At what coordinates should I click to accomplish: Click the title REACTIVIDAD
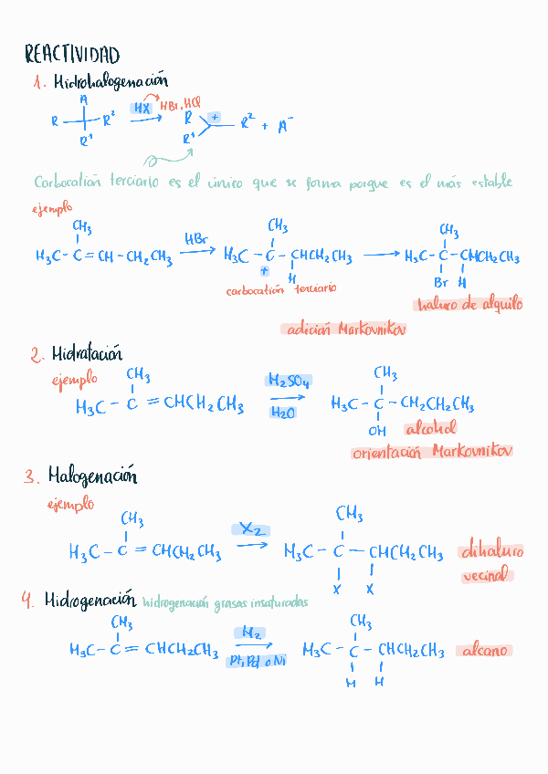(72, 55)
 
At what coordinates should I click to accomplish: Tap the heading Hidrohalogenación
(111, 83)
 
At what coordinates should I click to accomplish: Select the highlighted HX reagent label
(142, 108)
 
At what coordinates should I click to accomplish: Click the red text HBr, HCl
(180, 104)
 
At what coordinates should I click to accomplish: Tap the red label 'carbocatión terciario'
(281, 288)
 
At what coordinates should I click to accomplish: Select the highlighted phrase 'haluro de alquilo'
(469, 305)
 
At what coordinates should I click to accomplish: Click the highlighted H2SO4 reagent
(289, 382)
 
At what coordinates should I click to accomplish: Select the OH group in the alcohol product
(376, 431)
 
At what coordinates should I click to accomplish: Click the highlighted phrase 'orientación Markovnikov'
(432, 451)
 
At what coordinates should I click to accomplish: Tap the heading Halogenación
(92, 476)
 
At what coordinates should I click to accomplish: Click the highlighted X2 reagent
(250, 528)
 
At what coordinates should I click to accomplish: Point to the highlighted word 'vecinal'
(486, 576)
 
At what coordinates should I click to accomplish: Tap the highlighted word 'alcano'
(485, 651)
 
